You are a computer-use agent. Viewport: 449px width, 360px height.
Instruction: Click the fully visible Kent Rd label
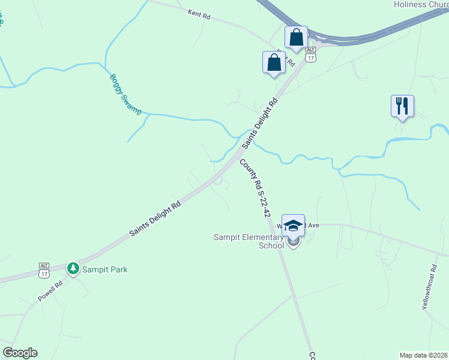click(x=199, y=14)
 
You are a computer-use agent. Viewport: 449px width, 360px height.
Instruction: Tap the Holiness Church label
click(x=421, y=4)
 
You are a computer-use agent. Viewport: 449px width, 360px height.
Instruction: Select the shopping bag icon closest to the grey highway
click(x=296, y=38)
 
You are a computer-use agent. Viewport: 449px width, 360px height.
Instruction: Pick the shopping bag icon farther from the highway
click(x=274, y=62)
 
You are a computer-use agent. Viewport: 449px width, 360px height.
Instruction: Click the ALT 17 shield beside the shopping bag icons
click(x=310, y=54)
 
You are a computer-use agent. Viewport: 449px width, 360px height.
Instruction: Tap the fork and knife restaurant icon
click(x=402, y=106)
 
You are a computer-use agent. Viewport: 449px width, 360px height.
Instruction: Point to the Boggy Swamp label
click(x=125, y=94)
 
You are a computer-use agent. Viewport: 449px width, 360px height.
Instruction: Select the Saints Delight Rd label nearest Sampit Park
click(x=155, y=219)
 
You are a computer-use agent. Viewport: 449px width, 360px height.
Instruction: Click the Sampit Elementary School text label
click(x=249, y=241)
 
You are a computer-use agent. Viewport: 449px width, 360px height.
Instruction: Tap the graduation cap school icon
click(x=293, y=226)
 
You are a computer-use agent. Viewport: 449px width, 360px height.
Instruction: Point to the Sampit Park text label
click(x=106, y=269)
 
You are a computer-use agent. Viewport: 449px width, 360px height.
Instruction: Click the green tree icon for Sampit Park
click(x=73, y=269)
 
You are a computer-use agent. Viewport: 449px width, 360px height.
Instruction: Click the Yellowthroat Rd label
click(x=429, y=288)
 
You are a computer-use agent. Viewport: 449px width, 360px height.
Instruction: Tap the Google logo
click(x=20, y=353)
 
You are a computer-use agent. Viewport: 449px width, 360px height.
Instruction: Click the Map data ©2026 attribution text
click(x=424, y=355)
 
